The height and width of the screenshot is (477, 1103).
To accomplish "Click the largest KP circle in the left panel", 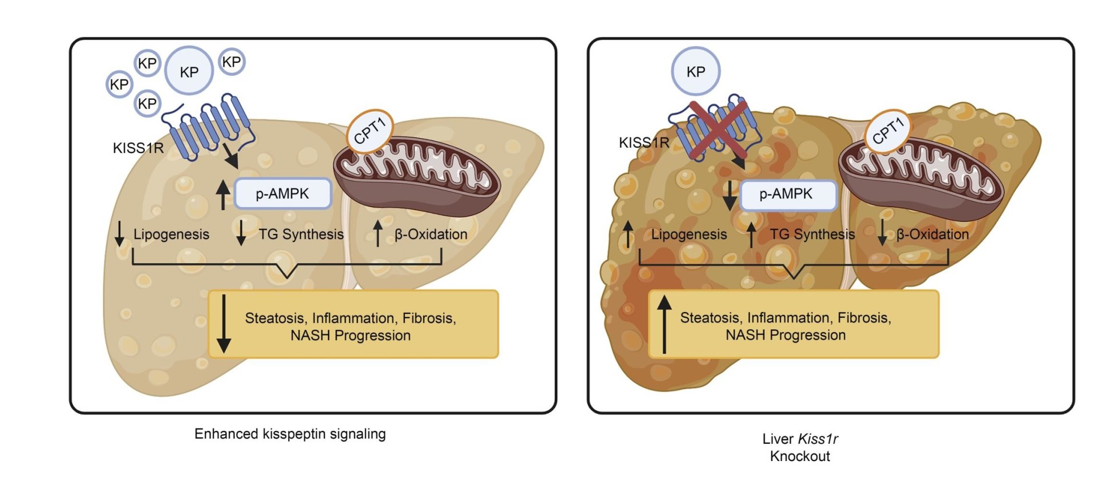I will click(189, 71).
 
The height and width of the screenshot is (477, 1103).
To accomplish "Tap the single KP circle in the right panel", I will click(695, 71).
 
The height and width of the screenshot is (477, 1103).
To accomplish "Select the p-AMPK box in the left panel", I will click(282, 193).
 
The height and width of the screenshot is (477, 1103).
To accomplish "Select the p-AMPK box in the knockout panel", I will click(787, 194).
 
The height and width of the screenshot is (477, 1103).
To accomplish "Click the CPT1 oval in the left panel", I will click(370, 131).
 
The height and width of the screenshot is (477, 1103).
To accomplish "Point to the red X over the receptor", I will click(718, 129).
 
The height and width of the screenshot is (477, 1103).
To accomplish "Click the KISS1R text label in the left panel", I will click(138, 148).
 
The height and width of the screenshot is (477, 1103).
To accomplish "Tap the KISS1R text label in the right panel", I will click(644, 143).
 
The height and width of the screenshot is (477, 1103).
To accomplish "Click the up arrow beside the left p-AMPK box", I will click(223, 195).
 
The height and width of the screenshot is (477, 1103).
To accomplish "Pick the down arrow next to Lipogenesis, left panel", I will click(119, 233).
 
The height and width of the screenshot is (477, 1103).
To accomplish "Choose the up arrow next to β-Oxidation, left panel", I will click(378, 233).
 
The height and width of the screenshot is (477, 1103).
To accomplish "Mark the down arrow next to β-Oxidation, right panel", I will click(882, 233).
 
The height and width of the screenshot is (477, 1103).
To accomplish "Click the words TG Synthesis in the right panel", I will click(812, 234).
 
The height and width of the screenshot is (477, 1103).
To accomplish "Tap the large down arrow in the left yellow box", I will click(224, 324).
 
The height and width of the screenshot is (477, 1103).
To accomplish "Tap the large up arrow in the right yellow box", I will click(664, 324).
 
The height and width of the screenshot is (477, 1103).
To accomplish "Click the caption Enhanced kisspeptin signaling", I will click(290, 434).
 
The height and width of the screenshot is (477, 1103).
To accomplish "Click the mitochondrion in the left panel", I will click(416, 177).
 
